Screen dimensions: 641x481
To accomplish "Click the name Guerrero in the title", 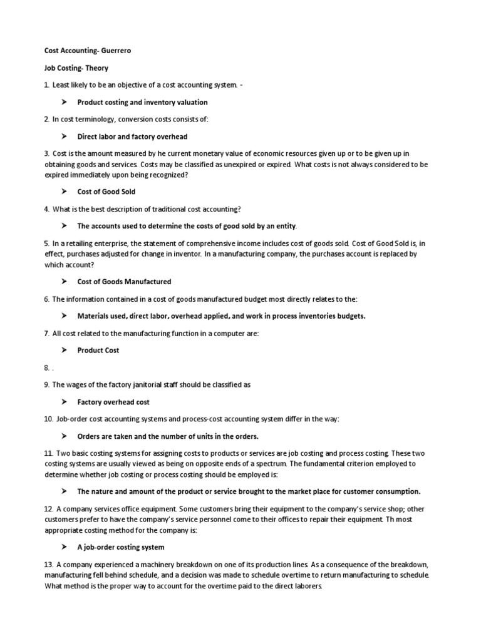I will coord(116,51).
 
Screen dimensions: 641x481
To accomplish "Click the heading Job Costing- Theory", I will coord(76,68).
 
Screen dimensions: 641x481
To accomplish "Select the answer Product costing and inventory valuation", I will coord(142,102).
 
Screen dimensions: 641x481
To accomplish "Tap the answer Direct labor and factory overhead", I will coord(132,136).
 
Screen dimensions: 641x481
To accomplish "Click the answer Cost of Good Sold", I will coord(106,192).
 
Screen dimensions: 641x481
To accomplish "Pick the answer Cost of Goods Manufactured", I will coord(124,282).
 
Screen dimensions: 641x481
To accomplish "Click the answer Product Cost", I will coord(98,351).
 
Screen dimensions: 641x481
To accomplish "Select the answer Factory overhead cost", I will coord(113,403).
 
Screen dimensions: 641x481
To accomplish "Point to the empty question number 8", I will coord(46,368).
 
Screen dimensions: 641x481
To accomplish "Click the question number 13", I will coord(49,564).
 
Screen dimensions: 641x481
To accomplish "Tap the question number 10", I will coord(49,419).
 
